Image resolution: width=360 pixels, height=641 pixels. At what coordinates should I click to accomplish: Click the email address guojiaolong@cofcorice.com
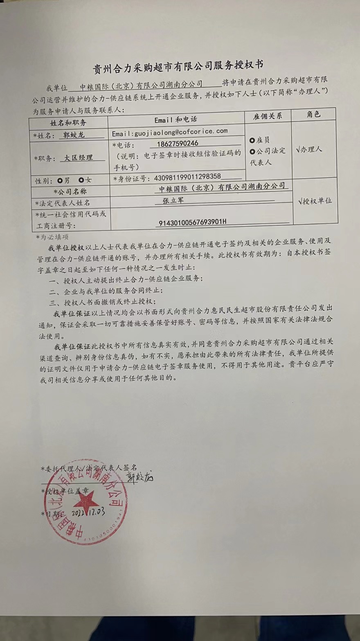[169, 131]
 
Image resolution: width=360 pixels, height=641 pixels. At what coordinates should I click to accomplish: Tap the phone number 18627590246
[174, 143]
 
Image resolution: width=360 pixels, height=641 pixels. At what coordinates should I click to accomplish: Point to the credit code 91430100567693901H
[192, 222]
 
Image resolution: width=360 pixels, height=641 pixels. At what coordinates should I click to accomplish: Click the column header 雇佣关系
[268, 116]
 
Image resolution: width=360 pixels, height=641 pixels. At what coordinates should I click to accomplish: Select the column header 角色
[313, 115]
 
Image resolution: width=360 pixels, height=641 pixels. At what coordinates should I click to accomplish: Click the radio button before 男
[61, 180]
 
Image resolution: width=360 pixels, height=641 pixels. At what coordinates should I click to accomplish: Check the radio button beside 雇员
[252, 140]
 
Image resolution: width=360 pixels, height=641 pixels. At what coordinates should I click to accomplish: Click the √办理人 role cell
[309, 149]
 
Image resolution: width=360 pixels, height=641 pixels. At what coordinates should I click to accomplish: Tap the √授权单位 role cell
[315, 201]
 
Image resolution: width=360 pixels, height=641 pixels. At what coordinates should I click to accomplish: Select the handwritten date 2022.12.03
[88, 512]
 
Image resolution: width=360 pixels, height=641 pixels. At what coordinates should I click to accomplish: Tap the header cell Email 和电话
[175, 120]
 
